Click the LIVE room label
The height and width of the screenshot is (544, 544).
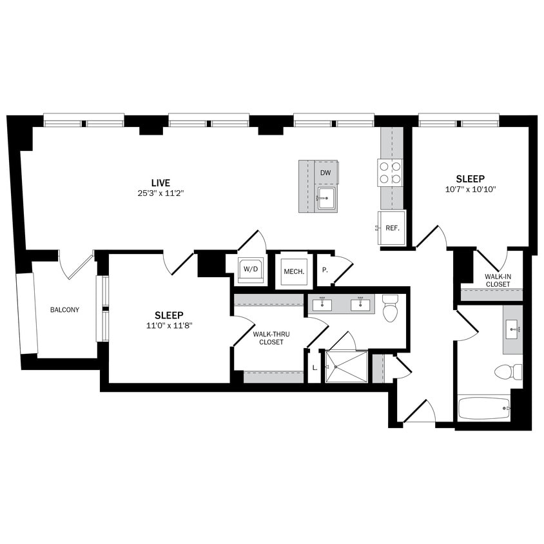[161, 183]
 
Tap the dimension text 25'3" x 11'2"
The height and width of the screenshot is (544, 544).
[161, 193]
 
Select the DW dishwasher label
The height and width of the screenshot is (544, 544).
[325, 173]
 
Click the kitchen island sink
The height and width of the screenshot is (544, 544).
[326, 199]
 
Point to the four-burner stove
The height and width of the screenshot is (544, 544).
[390, 172]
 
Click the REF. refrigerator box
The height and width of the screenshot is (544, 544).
[392, 228]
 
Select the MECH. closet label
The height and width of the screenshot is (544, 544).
[294, 271]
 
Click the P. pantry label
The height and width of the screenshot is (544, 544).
[325, 270]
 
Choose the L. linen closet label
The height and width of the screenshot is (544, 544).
[315, 367]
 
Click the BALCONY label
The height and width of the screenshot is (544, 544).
[64, 310]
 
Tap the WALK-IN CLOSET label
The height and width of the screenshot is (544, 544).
[498, 280]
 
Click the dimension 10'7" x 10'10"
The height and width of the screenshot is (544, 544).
[470, 189]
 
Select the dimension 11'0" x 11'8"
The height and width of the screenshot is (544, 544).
[169, 325]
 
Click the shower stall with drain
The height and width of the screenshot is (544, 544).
[346, 367]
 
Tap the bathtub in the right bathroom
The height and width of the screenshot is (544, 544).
[483, 408]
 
